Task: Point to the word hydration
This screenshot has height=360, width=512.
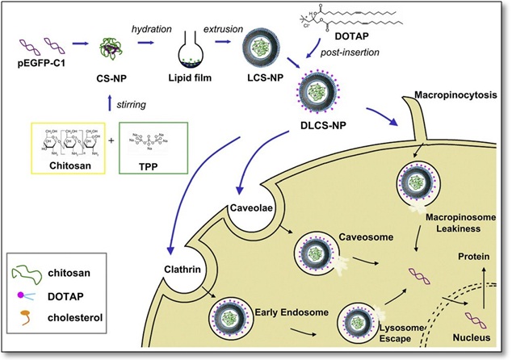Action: click(153, 28)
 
